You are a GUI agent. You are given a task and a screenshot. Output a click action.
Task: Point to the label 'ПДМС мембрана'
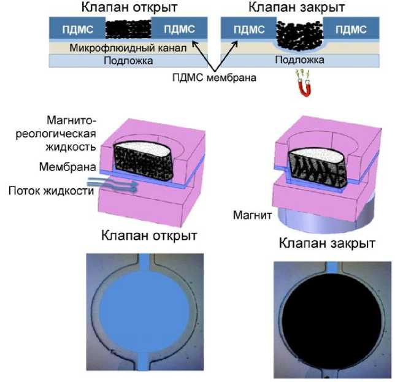(x=213, y=77)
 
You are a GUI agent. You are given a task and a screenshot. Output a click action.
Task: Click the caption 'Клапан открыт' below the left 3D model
(x=150, y=235)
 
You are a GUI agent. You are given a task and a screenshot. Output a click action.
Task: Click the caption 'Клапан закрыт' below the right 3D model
(x=327, y=243)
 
